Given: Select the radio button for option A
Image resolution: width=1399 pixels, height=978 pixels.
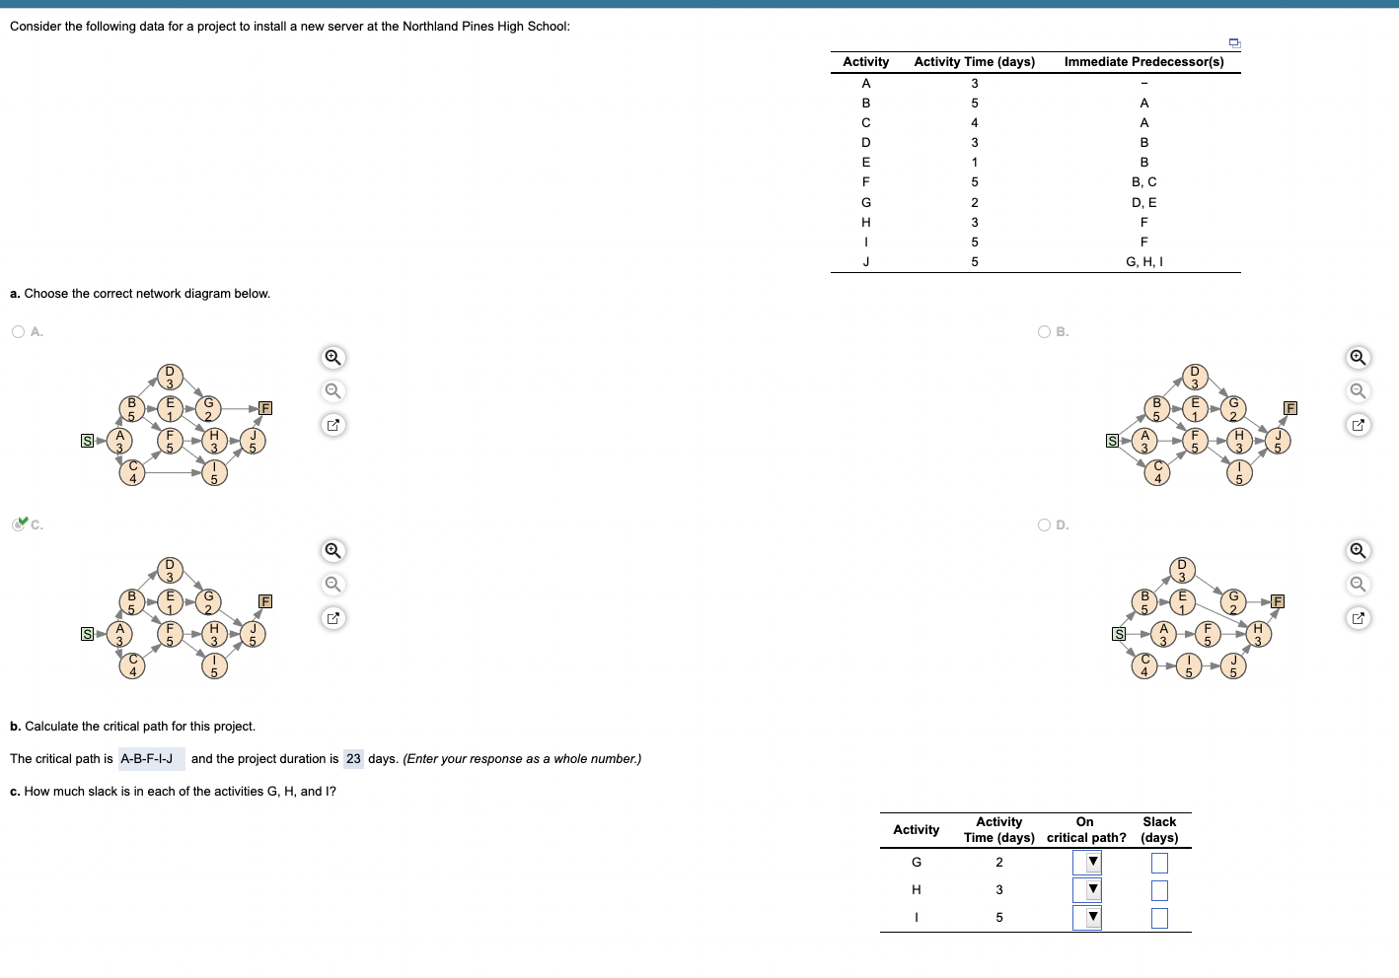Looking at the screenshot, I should tap(19, 332).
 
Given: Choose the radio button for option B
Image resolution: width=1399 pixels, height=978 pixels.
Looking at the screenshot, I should tap(1044, 332).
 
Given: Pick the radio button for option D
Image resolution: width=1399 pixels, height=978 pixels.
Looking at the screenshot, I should tap(1044, 525).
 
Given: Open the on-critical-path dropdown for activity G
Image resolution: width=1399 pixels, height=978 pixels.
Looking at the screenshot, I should tap(1086, 863).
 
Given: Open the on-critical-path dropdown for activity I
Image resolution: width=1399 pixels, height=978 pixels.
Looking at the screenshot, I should tap(1086, 918).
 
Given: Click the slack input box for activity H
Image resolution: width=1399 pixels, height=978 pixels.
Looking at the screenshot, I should tap(1159, 890).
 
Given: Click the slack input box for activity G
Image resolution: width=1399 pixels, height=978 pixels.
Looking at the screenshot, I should tap(1159, 863).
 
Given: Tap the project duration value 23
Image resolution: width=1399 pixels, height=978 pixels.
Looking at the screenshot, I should tap(353, 759).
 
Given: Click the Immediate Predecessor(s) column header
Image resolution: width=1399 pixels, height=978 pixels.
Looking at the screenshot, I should tap(1143, 62).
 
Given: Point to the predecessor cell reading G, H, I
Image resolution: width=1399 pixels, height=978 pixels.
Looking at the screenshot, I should tap(1143, 262).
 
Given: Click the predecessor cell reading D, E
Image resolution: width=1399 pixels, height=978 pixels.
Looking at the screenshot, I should tap(1143, 203).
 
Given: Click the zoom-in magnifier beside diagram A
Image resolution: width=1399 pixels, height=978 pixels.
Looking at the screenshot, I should tap(333, 357).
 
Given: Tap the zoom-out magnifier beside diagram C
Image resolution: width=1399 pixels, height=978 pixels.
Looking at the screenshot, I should tap(333, 584).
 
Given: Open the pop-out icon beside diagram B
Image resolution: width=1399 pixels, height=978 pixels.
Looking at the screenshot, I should tap(1359, 425).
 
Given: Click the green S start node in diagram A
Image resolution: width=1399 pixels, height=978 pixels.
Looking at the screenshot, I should tap(87, 441).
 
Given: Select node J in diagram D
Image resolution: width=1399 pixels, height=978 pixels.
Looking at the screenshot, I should tap(1233, 666).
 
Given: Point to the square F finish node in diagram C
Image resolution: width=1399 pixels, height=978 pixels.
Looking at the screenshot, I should tap(264, 601).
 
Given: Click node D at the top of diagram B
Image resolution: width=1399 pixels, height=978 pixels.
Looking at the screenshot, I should tap(1195, 377).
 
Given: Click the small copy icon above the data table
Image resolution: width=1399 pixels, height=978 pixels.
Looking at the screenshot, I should tap(1234, 43).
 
